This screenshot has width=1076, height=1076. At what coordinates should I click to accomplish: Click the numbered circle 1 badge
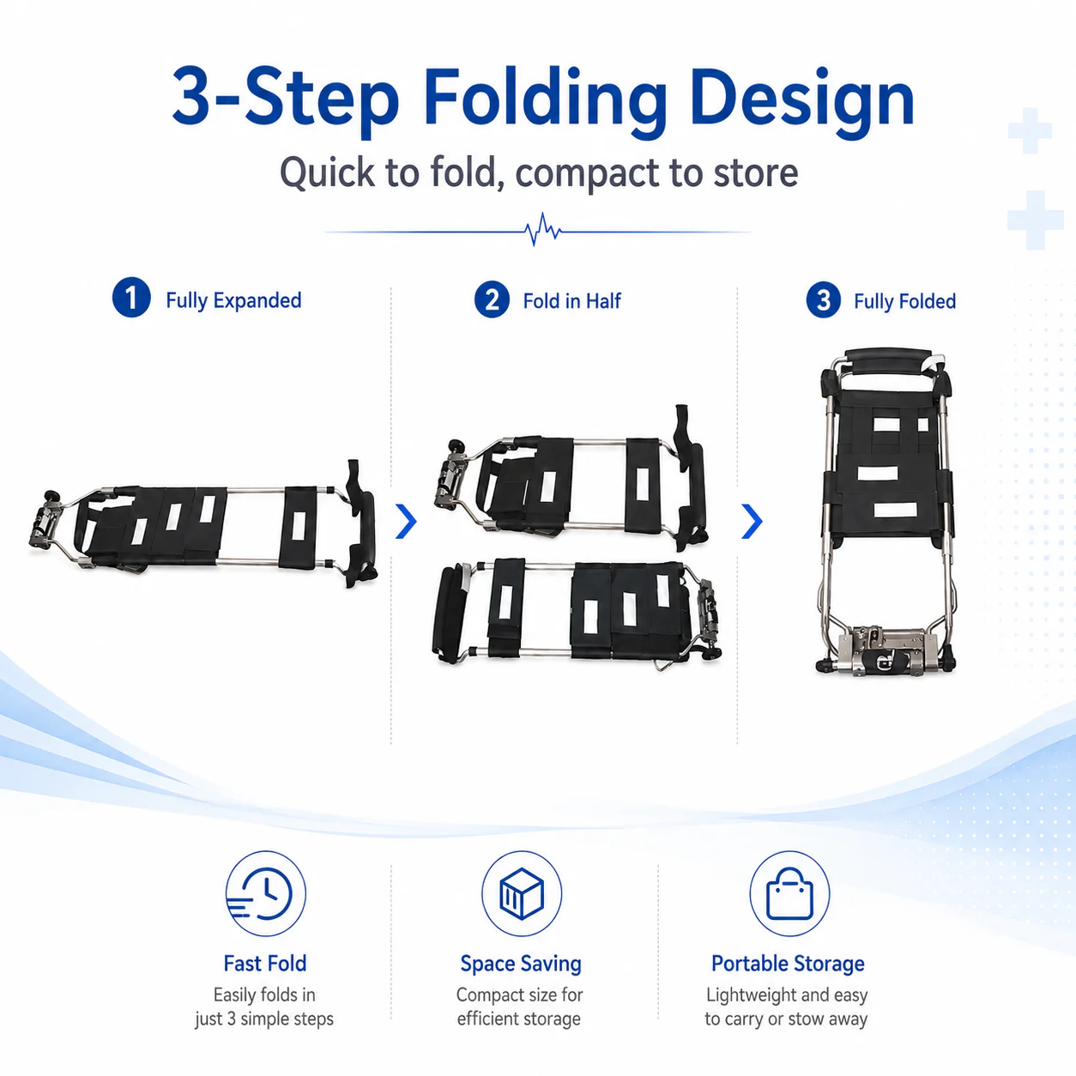pyautogui.click(x=131, y=298)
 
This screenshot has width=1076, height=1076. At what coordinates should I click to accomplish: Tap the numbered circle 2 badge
pyautogui.click(x=492, y=299)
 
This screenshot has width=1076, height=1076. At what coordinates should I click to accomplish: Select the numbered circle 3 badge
pyautogui.click(x=823, y=299)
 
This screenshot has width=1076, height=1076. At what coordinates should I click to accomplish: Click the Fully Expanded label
pyautogui.click(x=233, y=300)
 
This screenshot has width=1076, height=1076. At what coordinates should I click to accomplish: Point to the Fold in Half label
pyautogui.click(x=571, y=301)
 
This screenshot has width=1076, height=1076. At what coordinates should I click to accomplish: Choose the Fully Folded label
pyautogui.click(x=904, y=301)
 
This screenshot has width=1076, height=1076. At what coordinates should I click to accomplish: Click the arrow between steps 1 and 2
pyautogui.click(x=406, y=521)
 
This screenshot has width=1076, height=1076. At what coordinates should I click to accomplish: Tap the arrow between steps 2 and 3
pyautogui.click(x=752, y=521)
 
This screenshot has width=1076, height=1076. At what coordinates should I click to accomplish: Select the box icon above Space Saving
pyautogui.click(x=522, y=893)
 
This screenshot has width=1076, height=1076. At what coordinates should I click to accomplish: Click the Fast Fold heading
pyautogui.click(x=265, y=964)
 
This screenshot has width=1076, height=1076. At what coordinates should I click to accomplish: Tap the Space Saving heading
pyautogui.click(x=521, y=964)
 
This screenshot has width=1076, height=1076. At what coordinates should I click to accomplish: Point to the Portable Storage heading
pyautogui.click(x=788, y=964)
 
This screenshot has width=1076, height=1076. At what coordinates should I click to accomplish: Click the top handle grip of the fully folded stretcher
pyautogui.click(x=888, y=361)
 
